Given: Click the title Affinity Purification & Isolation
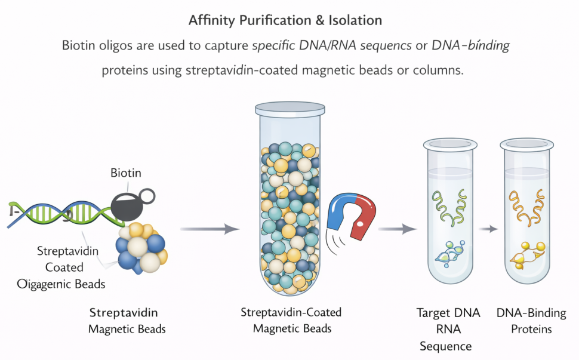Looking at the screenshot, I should point(285,20).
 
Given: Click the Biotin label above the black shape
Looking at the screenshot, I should point(126,173).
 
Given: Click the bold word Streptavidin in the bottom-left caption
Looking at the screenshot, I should point(124,312).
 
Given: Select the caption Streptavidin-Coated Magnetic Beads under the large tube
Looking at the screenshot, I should point(291,320).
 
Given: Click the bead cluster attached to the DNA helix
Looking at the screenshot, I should point(140,248).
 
